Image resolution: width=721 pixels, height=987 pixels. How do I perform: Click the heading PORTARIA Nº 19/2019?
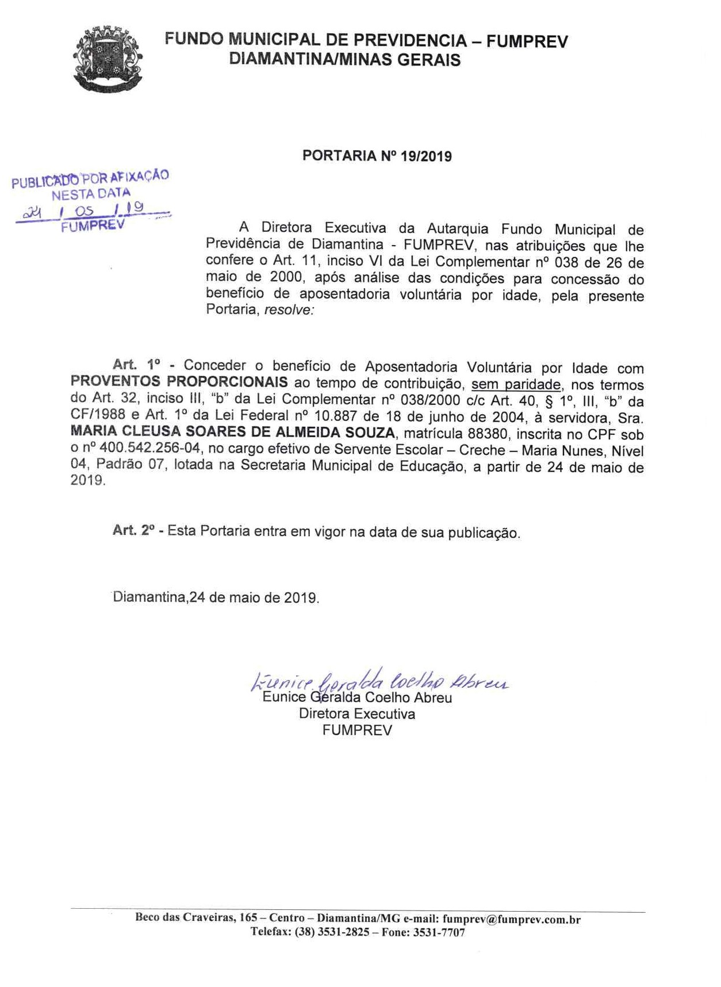(377, 156)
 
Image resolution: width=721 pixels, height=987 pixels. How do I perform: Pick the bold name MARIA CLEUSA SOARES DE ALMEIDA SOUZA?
(232, 433)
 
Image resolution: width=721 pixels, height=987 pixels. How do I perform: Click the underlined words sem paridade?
(515, 384)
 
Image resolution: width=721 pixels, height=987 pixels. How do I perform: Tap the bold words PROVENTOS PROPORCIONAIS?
(179, 382)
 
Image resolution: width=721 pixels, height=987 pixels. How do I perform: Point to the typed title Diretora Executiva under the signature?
(356, 714)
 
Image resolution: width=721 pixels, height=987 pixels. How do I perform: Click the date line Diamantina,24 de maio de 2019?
(216, 597)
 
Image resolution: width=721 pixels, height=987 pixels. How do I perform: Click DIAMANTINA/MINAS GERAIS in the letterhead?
(344, 59)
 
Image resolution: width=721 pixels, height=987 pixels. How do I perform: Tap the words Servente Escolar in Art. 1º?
(378, 450)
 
